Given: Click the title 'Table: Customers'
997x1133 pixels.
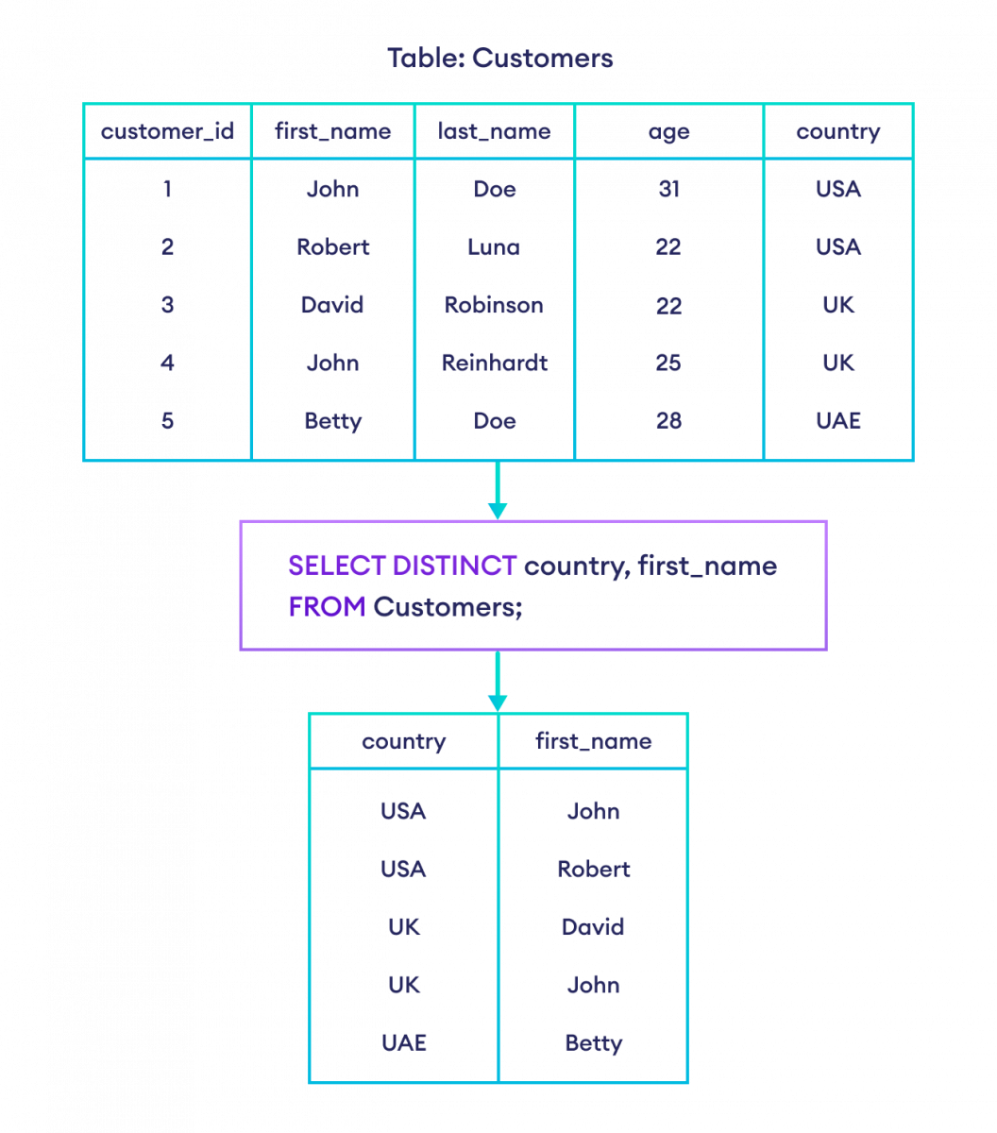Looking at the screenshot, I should point(499,59).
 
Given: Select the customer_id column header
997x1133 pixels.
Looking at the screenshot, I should point(167,132).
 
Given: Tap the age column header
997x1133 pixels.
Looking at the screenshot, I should point(668,132).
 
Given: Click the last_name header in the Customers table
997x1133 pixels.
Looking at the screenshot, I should point(494,132).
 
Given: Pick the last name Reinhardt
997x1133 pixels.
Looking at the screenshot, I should point(495,363).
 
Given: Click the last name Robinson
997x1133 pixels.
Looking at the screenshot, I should point(494,305).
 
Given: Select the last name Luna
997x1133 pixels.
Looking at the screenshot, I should point(494,247).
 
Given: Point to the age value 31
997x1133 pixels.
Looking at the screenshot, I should point(668,190).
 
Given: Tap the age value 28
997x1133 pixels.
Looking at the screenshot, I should point(668,420).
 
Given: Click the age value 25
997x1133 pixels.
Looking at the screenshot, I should point(668,363).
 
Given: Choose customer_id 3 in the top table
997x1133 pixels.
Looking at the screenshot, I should point(167,305).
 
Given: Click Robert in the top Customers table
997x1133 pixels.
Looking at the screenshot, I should point(333,247).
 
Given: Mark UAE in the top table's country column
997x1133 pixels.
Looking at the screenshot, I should point(838,420).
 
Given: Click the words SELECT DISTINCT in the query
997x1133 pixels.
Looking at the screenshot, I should point(402,566).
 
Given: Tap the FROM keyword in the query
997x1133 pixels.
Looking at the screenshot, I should point(327,607).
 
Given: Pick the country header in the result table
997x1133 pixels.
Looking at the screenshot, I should point(404,741).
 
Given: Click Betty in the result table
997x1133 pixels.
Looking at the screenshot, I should point(593,1043).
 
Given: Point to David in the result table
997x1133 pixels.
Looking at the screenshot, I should point(593,927).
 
